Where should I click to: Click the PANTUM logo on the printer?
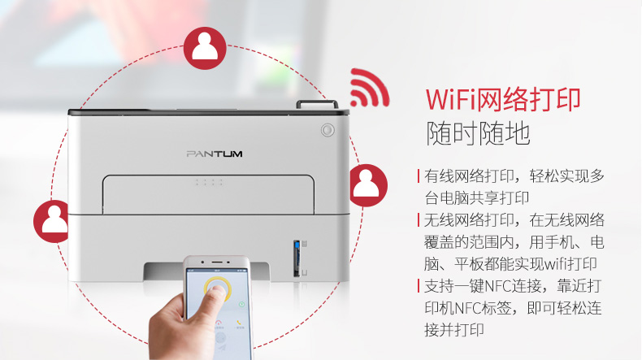coord(215,154)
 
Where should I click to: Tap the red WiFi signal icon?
coord(369,89)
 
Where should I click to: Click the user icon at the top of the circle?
coord(205,48)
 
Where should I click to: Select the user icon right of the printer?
coord(367,185)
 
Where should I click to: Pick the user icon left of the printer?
coord(52,221)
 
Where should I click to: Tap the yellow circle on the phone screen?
coord(218,289)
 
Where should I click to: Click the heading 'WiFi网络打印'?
coord(503,99)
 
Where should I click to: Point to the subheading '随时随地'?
coord(478,133)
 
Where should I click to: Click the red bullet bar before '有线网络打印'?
coord(419,176)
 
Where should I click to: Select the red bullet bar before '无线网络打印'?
coord(419,220)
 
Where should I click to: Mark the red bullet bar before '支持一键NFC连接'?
coord(419,285)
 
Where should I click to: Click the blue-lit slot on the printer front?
coord(297,258)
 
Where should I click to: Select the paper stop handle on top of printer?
coord(317,104)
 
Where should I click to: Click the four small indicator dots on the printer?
coord(209,182)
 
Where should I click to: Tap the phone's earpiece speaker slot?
coord(217,262)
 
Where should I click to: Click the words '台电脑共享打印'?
coord(476,198)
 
